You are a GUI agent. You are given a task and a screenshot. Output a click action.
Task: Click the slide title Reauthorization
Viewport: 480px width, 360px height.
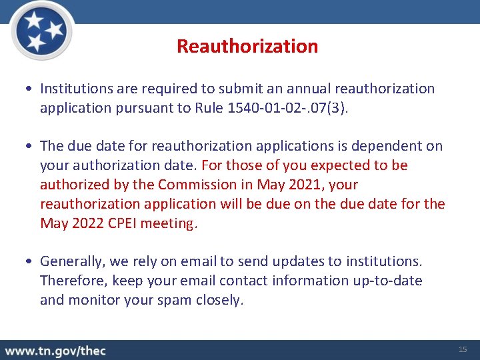pos(247,46)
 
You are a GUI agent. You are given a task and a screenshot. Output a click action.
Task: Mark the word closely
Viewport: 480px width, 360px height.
pos(219,300)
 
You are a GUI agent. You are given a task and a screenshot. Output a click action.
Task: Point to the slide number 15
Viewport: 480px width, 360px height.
pos(463,350)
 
